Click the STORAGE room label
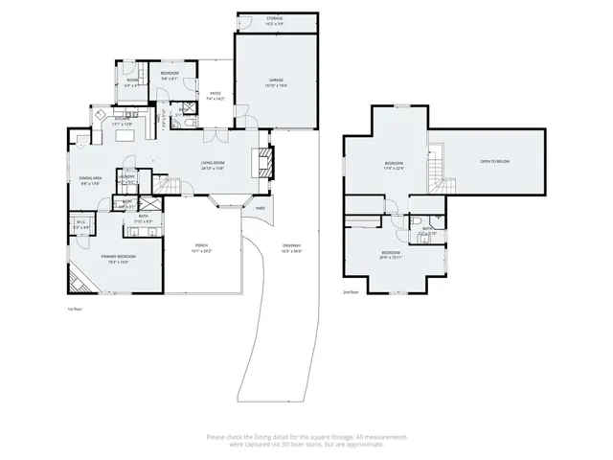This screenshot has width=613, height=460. coord(277,19)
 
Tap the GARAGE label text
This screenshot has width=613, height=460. coord(276,82)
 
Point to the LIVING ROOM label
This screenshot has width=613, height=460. coord(213,165)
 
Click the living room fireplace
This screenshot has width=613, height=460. coord(266,164)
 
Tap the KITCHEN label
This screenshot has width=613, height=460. coord(122,122)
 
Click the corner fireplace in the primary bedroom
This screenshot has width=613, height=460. coord(77,283)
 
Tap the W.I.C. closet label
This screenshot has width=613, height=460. coord(80,224)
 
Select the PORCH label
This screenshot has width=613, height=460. coord(201,247)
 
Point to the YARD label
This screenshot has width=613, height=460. coord(260,208)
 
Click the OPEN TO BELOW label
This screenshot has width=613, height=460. coord(495,161)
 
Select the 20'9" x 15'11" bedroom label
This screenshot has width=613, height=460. coord(391,255)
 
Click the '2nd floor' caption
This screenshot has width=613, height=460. coord(351,292)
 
